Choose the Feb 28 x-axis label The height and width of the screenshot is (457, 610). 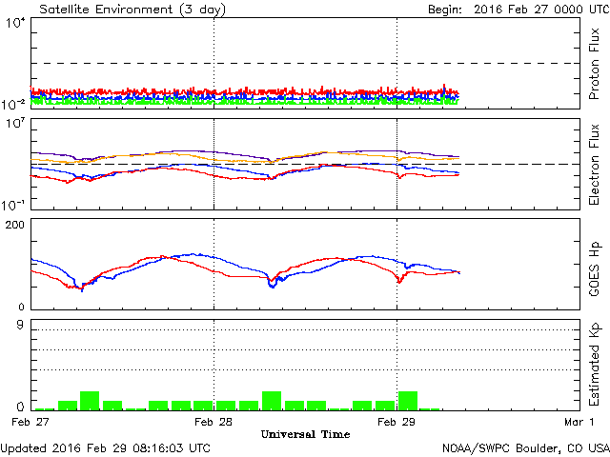[x=213, y=420]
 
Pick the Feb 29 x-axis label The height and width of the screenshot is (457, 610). [x=396, y=420]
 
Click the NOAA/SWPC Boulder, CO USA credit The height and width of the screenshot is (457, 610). [x=525, y=447]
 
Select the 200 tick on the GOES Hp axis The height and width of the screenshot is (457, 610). [x=16, y=225]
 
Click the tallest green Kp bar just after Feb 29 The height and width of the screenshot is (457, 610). [x=408, y=400]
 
